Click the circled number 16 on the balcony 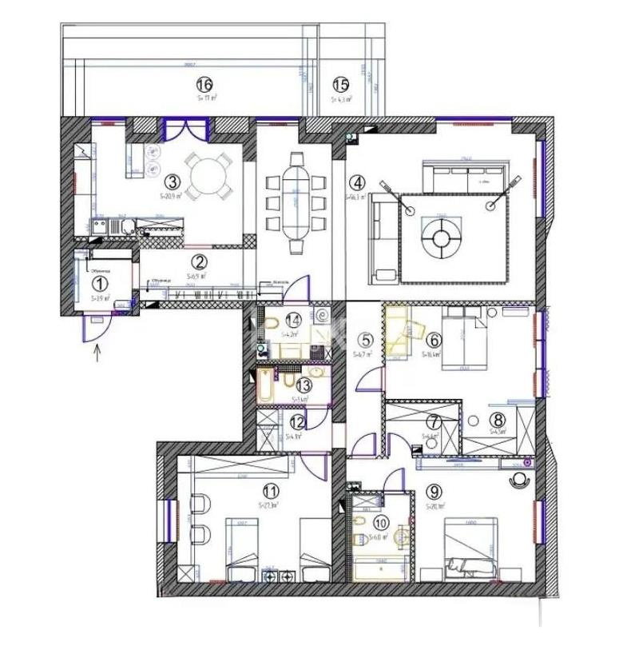(205, 84)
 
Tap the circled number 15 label (341, 84)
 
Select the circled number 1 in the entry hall (99, 282)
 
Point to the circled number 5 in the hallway (364, 339)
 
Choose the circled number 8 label (498, 419)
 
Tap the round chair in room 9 (519, 479)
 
